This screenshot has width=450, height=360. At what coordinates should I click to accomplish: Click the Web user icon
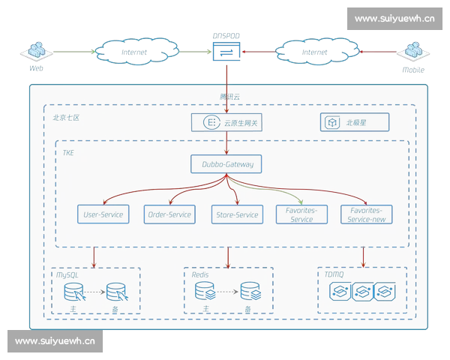coord(35,51)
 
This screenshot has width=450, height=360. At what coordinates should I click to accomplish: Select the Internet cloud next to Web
coord(134,52)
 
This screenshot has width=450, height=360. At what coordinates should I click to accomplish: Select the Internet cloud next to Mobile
coord(314,52)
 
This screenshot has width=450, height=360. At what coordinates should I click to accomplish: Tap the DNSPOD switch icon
coord(225,51)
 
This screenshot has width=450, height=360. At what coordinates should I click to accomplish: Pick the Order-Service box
coord(169,214)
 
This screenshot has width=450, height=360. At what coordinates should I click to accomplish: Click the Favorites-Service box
coord(301,214)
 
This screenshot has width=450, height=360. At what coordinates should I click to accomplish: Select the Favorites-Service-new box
coord(366,214)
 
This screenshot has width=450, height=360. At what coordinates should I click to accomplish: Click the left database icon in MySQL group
coord(73,291)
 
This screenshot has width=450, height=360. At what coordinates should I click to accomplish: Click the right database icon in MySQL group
coord(115,291)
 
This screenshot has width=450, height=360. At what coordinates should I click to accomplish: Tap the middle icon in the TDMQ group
coord(363,291)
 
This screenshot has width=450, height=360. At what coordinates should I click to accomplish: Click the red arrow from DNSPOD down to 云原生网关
coord(226,86)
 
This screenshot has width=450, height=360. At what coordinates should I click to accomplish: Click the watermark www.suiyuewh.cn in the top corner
coord(394,19)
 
